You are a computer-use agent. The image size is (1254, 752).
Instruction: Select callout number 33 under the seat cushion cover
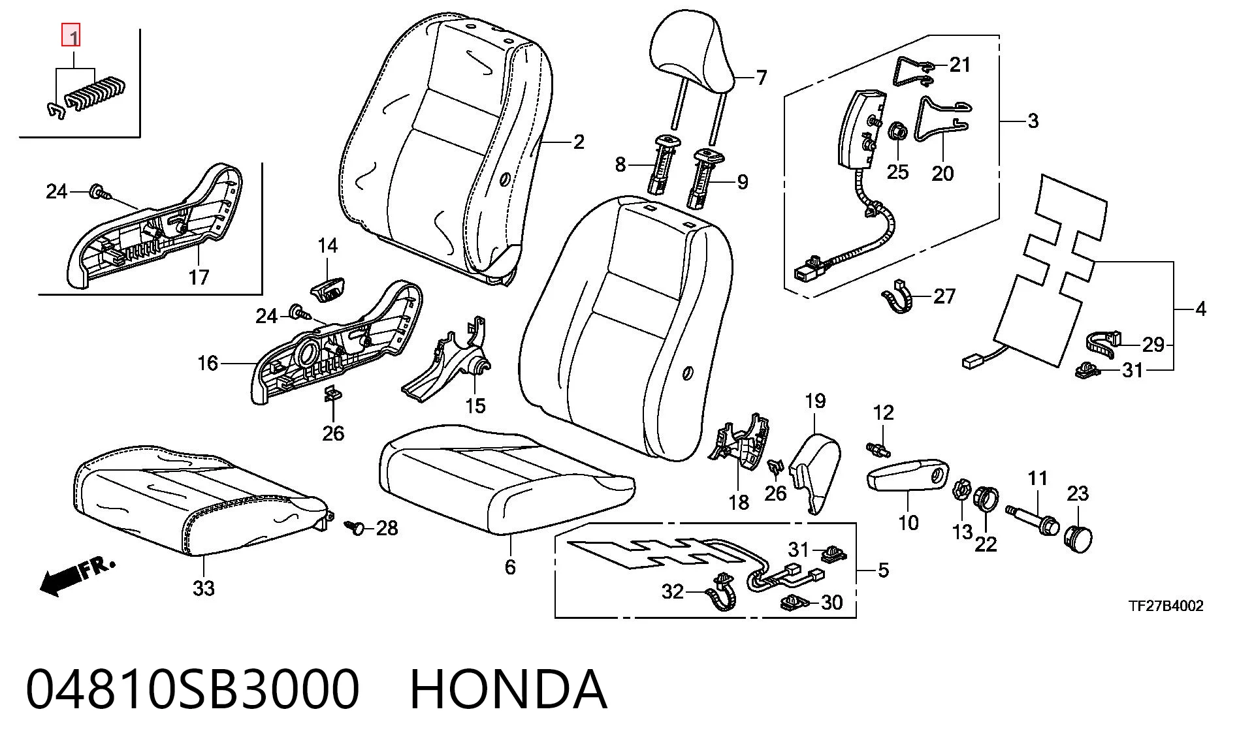(x=204, y=588)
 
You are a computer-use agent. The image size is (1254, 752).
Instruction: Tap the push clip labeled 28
(x=355, y=526)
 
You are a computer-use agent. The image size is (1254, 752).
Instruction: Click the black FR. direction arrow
(x=77, y=576)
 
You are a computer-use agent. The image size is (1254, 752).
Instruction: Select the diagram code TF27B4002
(x=1166, y=606)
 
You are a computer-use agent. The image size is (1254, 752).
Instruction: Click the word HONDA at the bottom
(x=508, y=689)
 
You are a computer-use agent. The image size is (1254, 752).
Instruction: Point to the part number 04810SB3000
(x=193, y=689)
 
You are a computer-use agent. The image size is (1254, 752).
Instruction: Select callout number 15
(x=475, y=406)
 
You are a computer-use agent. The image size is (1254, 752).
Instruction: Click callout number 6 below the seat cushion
(x=510, y=567)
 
